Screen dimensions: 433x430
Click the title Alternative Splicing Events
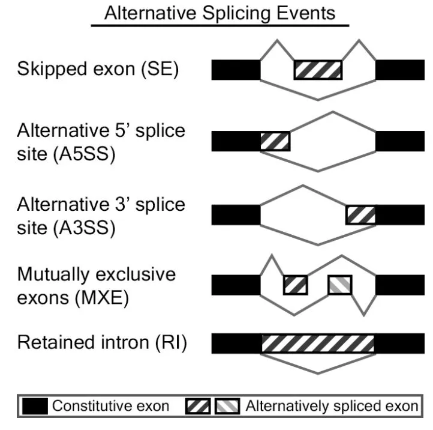[x=219, y=13]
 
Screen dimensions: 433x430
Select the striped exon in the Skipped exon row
[x=318, y=70]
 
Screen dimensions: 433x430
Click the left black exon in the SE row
[x=236, y=70]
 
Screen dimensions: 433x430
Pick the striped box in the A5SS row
[x=275, y=142]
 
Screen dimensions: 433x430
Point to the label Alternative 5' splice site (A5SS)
[x=101, y=142]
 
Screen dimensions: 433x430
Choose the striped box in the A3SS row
[x=361, y=214]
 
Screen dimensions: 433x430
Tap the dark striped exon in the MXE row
[x=295, y=285]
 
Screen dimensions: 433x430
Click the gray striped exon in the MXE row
[x=340, y=285]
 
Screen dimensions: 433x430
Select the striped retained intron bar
[x=318, y=344]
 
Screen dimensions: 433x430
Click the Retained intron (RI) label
[x=103, y=344]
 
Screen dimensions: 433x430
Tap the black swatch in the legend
[x=35, y=407]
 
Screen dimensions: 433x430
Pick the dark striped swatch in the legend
[x=199, y=407]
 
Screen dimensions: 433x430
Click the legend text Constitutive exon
[x=110, y=407]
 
